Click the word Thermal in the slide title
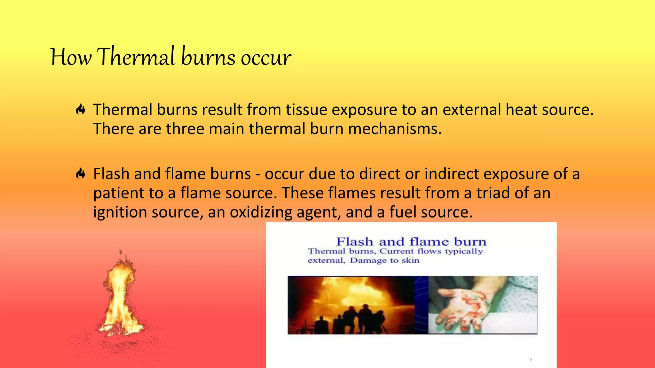[136, 57]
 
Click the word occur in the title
[266, 58]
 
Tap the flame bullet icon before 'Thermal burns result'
[81, 110]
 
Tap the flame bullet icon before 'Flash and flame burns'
[81, 174]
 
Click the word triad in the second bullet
[493, 193]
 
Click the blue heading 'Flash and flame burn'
[411, 241]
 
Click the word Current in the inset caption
[397, 251]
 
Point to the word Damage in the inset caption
[368, 260]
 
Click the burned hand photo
[482, 305]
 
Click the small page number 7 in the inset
[531, 360]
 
